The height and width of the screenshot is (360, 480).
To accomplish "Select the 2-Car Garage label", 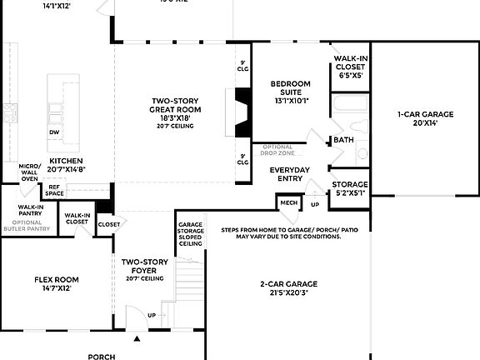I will pos(287,288).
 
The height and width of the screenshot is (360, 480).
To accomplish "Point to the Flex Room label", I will pos(57,283).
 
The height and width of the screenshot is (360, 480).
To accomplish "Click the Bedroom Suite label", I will pos(290,91).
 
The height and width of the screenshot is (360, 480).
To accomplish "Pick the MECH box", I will pos(288,202).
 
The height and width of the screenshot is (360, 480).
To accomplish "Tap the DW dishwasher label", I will pos(54,132).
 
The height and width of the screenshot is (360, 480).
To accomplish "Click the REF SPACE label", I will pos(54,191).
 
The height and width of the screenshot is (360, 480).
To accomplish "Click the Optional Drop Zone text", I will pos(277,151).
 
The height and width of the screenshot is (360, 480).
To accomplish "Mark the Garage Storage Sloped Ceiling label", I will pos(190,232).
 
